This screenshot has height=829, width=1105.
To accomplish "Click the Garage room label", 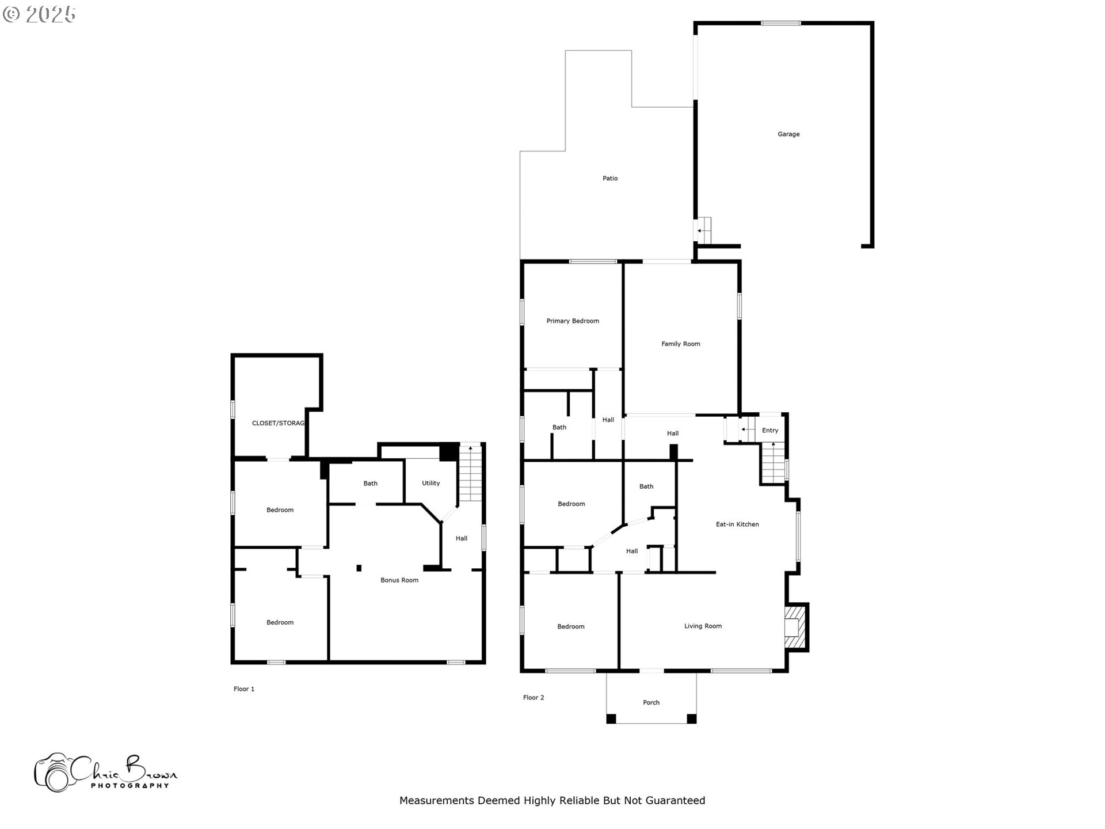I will (x=788, y=134).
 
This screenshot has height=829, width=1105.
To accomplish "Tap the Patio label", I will (x=610, y=178).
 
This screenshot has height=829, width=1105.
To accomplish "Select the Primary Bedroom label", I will (x=573, y=321).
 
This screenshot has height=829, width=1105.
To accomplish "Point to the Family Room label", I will (x=681, y=344).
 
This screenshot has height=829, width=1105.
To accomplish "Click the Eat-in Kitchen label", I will (x=737, y=524).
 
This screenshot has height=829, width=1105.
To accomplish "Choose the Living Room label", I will (x=703, y=626).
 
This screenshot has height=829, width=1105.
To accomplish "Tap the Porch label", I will (x=651, y=703).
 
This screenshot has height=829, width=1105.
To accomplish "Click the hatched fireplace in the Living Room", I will (x=794, y=628).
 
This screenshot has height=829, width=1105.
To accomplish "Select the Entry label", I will (x=770, y=431).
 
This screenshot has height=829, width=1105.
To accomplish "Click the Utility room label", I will (x=430, y=484).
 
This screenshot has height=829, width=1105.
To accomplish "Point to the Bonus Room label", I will (x=399, y=580).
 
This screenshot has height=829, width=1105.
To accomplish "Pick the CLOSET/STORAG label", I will (x=278, y=424).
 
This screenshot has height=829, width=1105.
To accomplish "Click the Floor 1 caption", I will (x=244, y=689).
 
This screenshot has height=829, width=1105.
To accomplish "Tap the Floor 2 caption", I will (x=534, y=698).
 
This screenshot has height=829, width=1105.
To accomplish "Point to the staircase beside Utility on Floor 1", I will (x=470, y=475).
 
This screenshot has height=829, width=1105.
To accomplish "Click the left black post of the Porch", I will (x=611, y=718).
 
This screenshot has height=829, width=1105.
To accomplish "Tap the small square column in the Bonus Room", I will (x=359, y=568).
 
